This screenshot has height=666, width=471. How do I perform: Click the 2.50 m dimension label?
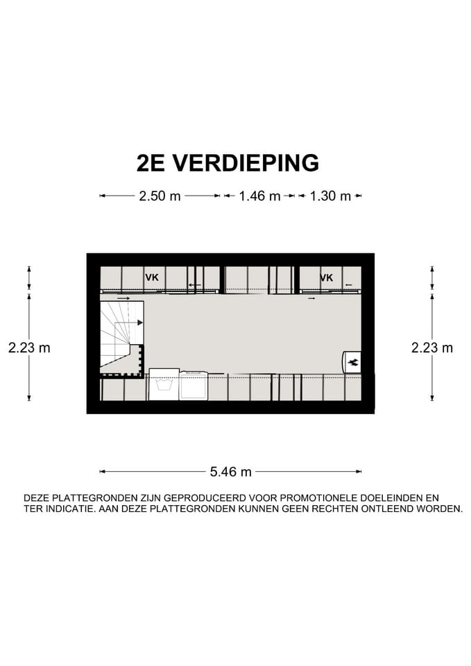point(160,196)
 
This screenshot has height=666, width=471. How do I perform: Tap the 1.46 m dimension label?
point(259,196)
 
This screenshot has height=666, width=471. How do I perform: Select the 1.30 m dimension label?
point(330,196)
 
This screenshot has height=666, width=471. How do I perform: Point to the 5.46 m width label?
point(230,472)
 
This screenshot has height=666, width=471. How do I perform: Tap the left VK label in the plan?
point(151,277)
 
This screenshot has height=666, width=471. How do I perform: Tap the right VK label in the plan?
point(326,277)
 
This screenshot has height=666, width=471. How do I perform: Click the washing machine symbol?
point(164,385)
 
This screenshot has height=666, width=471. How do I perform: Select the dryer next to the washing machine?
point(194,386)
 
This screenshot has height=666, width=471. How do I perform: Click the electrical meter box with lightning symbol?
point(352,361)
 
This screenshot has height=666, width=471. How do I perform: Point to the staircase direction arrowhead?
point(140,323)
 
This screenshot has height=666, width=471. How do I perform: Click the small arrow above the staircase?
point(123,298)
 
